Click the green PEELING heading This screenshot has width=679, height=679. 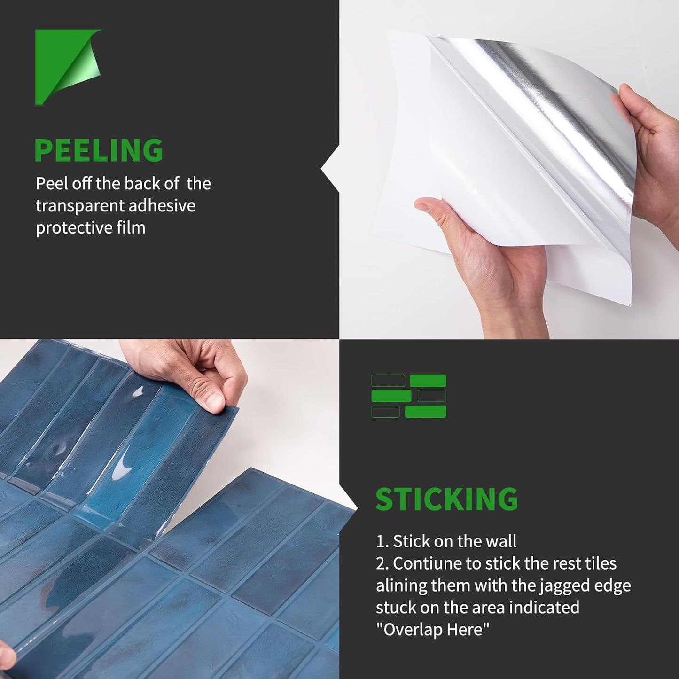(x=99, y=150)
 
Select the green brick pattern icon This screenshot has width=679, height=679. (x=409, y=396)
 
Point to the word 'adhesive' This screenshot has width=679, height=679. (x=162, y=205)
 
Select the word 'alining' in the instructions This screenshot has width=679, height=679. (x=401, y=586)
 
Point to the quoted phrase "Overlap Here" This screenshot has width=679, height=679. (x=433, y=629)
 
